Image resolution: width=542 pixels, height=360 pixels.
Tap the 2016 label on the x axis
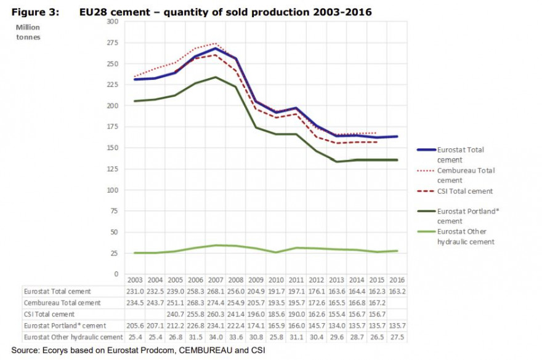[x=397, y=279]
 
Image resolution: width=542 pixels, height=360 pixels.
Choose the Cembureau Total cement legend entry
[x=466, y=175]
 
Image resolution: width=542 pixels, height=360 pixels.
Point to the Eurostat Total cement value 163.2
[x=397, y=291]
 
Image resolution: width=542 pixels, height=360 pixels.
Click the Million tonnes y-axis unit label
[x=28, y=32]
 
